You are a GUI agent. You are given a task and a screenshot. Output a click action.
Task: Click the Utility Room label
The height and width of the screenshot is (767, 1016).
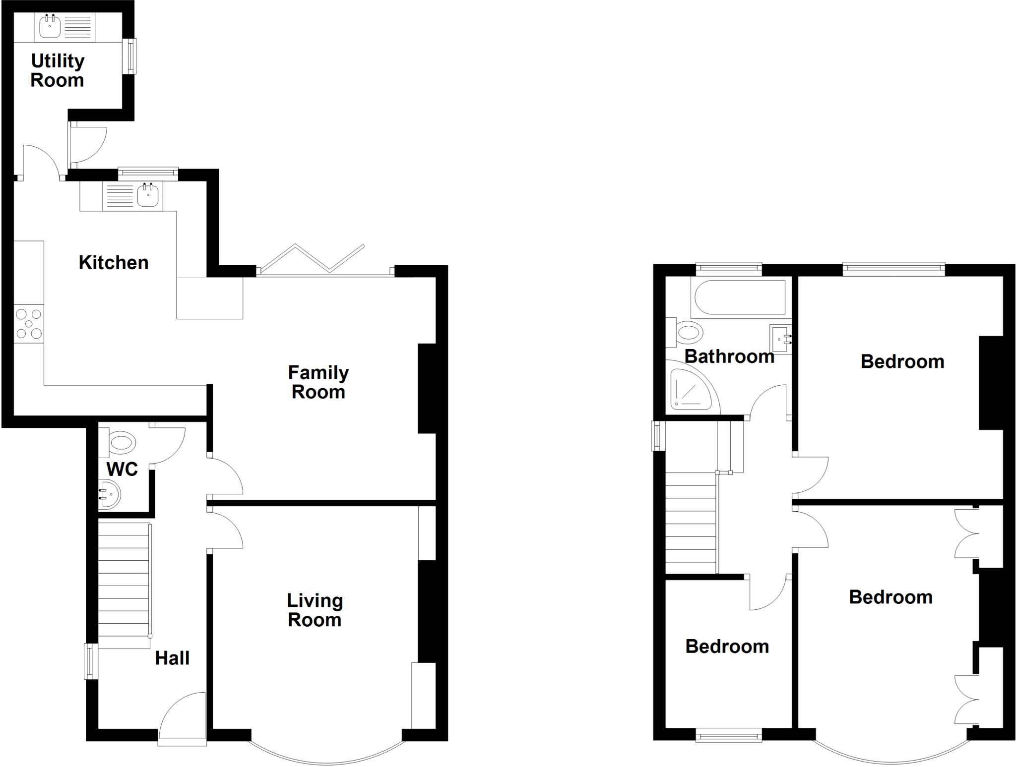(x=58, y=70)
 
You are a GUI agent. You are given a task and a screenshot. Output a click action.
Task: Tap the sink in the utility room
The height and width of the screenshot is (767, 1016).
(x=50, y=26)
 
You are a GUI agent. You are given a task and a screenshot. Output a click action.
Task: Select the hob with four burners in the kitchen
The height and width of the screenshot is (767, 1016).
(x=29, y=324)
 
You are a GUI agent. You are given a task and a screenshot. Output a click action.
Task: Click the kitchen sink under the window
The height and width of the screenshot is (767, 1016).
(x=148, y=195)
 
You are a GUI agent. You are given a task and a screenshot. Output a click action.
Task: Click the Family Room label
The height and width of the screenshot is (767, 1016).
(x=318, y=382)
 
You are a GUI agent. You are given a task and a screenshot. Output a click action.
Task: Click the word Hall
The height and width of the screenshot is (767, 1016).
(x=172, y=658)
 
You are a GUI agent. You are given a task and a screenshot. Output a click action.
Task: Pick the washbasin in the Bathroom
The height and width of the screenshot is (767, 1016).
(x=780, y=339)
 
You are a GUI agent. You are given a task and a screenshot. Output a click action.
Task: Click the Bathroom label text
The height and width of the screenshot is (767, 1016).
(x=729, y=356)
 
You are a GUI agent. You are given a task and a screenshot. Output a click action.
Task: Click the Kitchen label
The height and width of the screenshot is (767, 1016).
(x=114, y=262)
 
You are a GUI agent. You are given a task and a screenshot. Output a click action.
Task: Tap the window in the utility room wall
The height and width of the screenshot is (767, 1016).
(x=130, y=56)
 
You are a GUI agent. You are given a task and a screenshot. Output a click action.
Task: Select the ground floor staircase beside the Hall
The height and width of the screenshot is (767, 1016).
(x=124, y=585)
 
